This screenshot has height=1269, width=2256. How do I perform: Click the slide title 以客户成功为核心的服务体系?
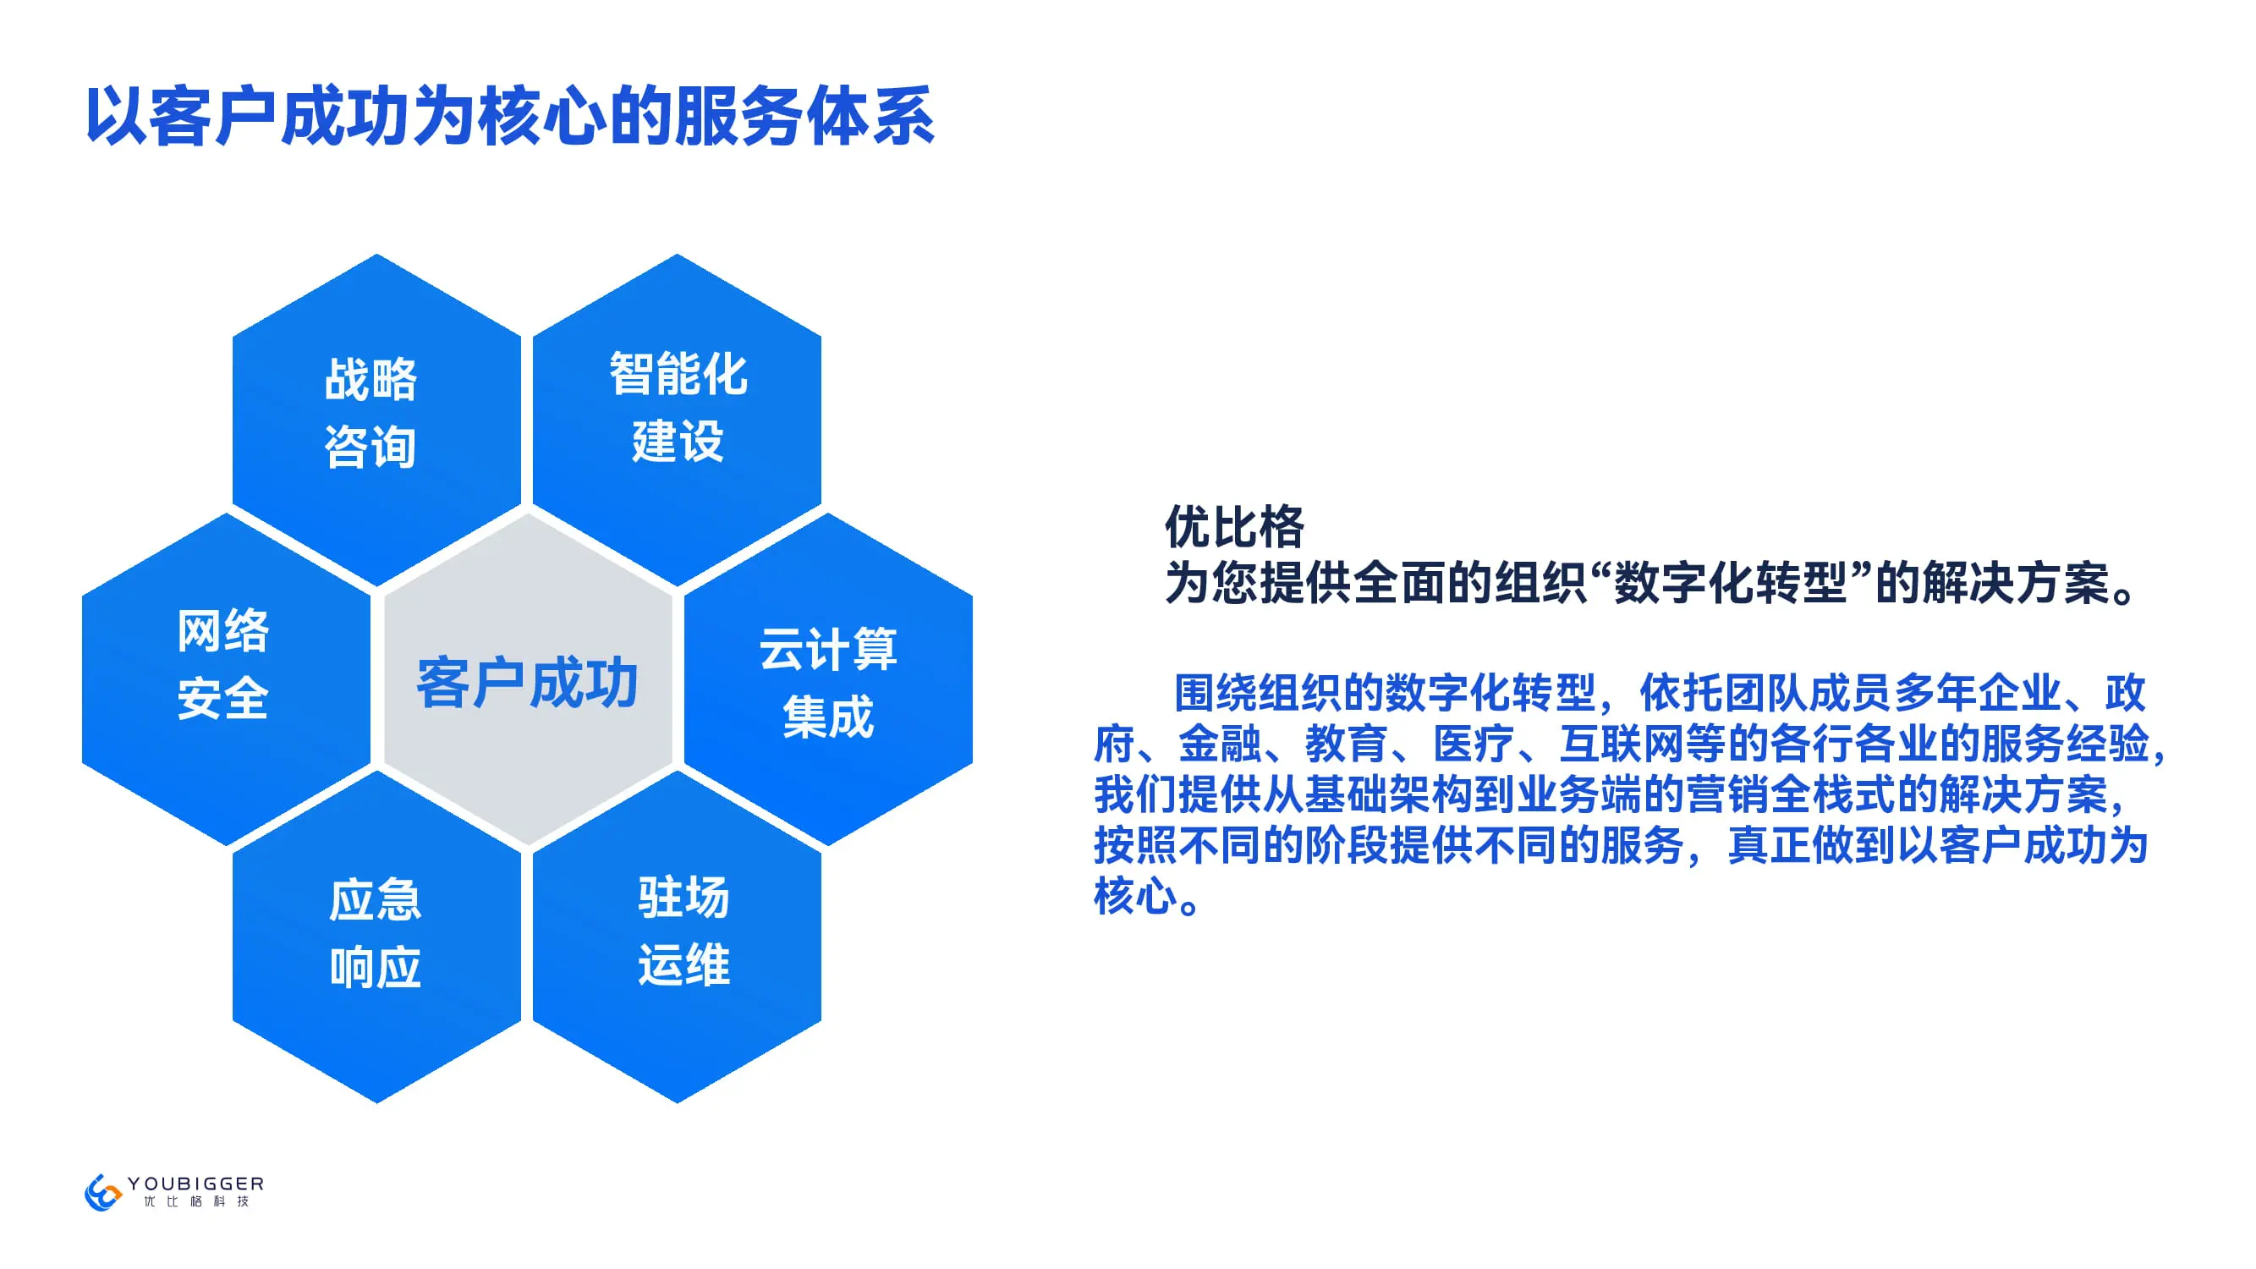click(x=511, y=116)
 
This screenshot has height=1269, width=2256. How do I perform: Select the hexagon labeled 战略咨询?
click(x=376, y=420)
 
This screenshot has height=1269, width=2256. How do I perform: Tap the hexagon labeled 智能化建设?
click(x=677, y=420)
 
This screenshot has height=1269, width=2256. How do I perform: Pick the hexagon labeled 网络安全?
click(x=226, y=678)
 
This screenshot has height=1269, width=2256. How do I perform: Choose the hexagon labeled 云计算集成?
click(x=828, y=678)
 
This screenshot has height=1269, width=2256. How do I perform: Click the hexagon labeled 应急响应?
click(x=376, y=937)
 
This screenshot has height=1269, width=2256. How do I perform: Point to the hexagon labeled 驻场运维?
click(x=677, y=937)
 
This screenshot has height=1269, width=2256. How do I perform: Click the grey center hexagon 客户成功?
click(x=528, y=678)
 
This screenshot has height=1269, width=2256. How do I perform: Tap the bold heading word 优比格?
click(x=1234, y=527)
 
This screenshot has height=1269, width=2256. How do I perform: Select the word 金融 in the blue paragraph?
click(x=1220, y=744)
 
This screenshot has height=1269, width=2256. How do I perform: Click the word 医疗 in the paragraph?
click(x=1474, y=744)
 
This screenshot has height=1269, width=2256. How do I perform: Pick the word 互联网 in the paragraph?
click(x=1622, y=744)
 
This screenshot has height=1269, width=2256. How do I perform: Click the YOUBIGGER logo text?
click(x=195, y=1184)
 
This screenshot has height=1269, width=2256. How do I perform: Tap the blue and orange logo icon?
click(x=102, y=1192)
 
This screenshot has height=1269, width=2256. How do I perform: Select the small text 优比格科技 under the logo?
click(x=196, y=1201)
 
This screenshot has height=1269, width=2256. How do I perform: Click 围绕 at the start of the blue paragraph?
click(x=1216, y=693)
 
